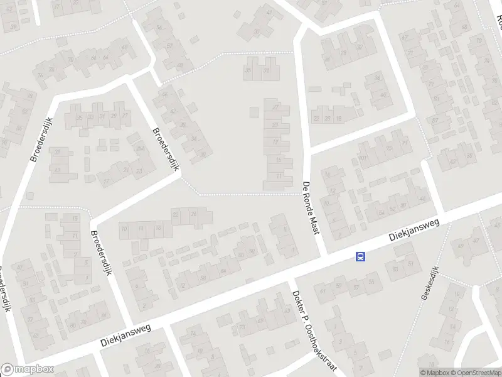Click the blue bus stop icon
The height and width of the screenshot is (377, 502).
tap(361, 256)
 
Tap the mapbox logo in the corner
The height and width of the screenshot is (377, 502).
tap(27, 369)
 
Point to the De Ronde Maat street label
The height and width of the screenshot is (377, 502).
tap(311, 208)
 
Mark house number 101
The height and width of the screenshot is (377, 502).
tap(363, 158)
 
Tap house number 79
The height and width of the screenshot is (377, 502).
tap(431, 84)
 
